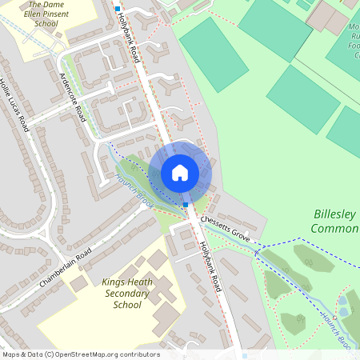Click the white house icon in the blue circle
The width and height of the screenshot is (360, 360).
(x=180, y=172)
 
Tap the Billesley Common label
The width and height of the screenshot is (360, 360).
(x=334, y=222)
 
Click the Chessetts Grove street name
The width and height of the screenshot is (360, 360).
(x=226, y=228)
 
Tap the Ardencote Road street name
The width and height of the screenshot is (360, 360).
(x=72, y=98)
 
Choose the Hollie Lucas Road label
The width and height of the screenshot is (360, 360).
(x=15, y=104)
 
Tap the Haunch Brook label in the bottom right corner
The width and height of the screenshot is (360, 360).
(x=336, y=328)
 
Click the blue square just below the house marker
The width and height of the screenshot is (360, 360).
(x=186, y=205)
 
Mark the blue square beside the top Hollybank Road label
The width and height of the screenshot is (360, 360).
(x=117, y=9)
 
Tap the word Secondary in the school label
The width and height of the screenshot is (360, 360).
(x=128, y=293)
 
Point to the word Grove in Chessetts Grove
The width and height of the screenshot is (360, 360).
(x=241, y=235)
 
